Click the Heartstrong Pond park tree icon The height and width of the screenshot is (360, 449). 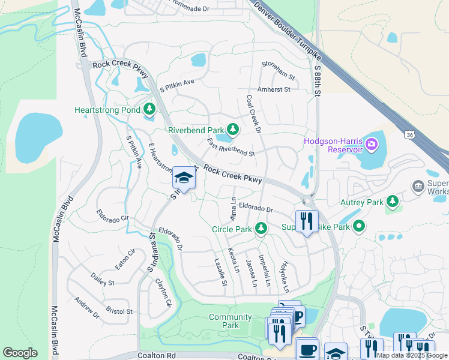(149, 110)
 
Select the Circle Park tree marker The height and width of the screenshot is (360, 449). (261, 229)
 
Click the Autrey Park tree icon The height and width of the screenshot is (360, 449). (393, 201)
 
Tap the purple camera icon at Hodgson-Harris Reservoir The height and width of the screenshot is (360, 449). (372, 144)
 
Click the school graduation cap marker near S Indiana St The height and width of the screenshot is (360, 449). (183, 178)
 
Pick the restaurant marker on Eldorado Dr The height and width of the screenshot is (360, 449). (307, 221)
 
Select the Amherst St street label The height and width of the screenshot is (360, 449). (273, 89)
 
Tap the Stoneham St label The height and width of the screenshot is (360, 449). (279, 70)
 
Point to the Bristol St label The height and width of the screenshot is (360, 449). (119, 311)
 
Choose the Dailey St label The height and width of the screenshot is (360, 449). (102, 280)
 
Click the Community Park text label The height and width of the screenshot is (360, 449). (231, 321)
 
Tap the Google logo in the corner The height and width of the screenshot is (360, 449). (20, 353)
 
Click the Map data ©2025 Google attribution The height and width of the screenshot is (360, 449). (412, 355)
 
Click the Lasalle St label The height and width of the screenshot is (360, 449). (220, 272)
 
